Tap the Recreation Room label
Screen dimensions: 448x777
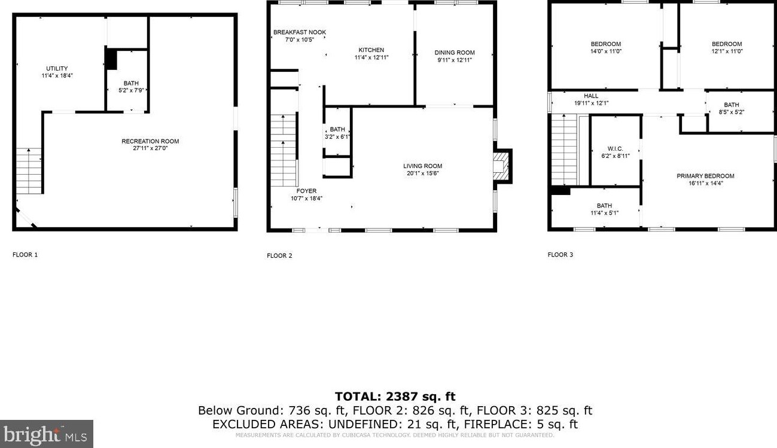[150, 142]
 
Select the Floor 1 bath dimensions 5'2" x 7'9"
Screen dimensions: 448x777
[131, 90]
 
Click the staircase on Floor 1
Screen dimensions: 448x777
[29, 171]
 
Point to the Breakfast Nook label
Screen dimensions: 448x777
[300, 32]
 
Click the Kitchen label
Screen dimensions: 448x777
[371, 50]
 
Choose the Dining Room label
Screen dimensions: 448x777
[454, 53]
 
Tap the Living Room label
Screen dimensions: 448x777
[422, 166]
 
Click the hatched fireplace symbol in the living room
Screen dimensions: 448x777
[502, 165]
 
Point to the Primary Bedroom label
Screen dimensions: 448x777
[705, 176]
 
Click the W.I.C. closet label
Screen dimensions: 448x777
[615, 149]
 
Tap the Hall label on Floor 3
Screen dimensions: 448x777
[591, 96]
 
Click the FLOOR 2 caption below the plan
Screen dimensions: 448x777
[279, 256]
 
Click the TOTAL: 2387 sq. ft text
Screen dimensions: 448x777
[395, 397]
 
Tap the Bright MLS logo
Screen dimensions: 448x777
[47, 434]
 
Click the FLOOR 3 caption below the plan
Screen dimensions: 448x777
[560, 255]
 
